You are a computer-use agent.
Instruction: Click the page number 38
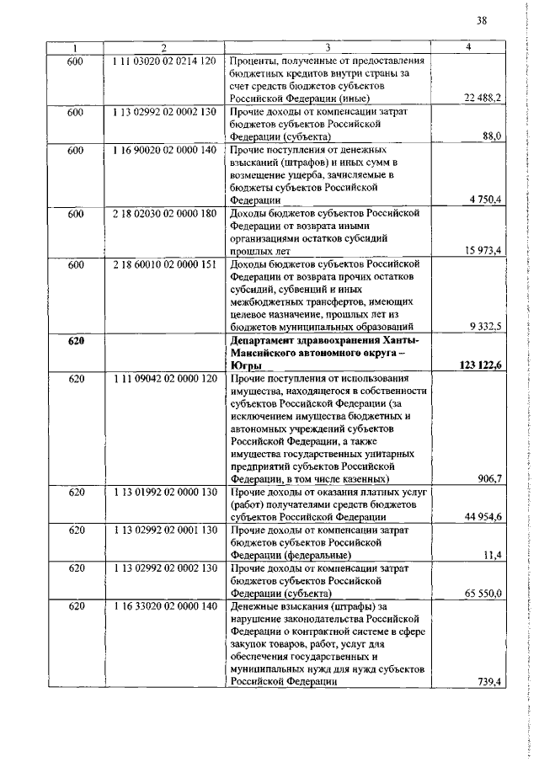point(481,19)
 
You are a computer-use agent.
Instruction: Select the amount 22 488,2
point(483,99)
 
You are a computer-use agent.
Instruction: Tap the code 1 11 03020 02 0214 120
point(163,61)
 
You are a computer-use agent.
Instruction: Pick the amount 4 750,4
point(486,199)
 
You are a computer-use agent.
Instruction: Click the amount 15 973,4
point(483,250)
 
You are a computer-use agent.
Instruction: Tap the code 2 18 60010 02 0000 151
point(163,264)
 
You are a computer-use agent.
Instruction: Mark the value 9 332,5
point(486,326)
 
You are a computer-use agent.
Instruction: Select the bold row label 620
point(77,340)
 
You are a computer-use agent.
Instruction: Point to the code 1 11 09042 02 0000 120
point(163,379)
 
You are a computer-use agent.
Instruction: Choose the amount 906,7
point(489,479)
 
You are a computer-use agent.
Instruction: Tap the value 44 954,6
point(483,516)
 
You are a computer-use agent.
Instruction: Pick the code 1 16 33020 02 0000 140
point(163,606)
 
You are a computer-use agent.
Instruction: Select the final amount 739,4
point(489,680)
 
